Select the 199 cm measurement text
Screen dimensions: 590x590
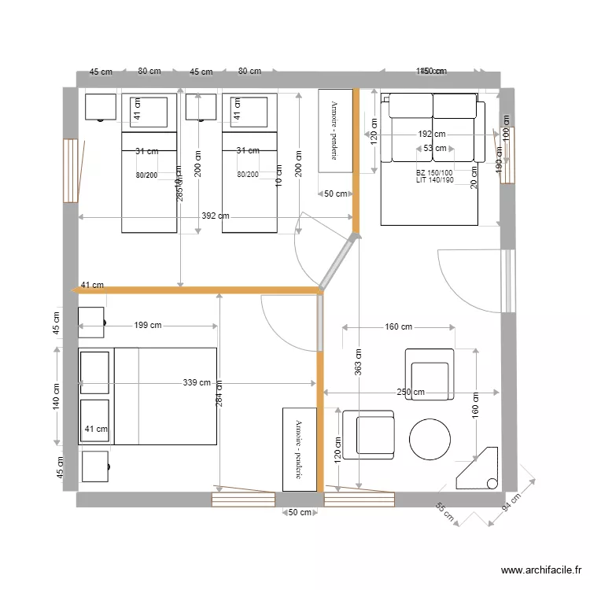(148, 325)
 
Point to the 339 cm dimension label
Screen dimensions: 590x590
(197, 383)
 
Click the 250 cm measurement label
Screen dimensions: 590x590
(410, 392)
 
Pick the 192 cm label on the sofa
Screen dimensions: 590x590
(431, 135)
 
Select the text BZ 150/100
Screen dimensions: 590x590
(434, 172)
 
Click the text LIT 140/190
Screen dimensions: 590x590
(435, 180)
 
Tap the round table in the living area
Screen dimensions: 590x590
(430, 439)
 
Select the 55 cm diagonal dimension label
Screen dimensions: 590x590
(444, 513)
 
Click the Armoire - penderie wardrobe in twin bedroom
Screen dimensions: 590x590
(334, 130)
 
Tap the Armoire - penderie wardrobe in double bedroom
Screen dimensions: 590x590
(299, 449)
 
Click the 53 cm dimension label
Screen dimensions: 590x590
(434, 148)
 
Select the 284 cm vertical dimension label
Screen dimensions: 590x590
(219, 393)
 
